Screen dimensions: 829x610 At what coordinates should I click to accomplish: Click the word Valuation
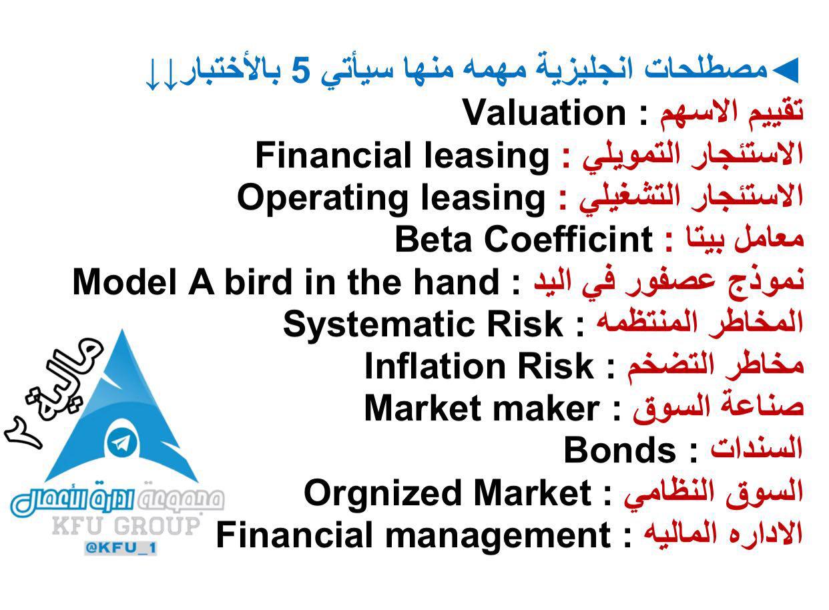coord(545,113)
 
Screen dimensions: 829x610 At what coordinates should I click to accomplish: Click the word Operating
coord(322,199)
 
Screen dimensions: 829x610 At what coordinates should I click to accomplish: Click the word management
coord(498,537)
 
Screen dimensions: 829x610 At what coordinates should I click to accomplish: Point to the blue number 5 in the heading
coord(300,71)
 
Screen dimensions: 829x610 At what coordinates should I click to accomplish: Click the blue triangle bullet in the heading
coord(784,70)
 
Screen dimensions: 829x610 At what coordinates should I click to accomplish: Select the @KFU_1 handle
coord(121,548)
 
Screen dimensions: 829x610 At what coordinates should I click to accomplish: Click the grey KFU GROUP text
coord(126,527)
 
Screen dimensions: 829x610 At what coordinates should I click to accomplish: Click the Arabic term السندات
coord(757,450)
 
